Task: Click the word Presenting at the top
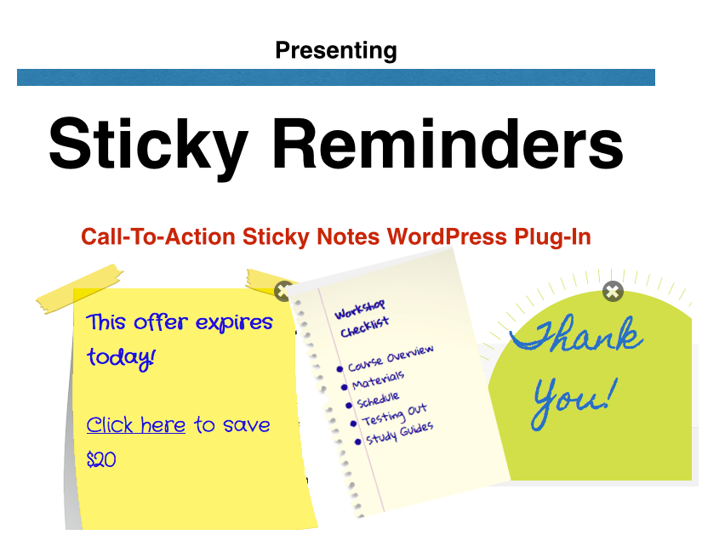pyautogui.click(x=336, y=50)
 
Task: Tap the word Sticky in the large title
pyautogui.click(x=148, y=145)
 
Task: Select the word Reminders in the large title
pyautogui.click(x=448, y=143)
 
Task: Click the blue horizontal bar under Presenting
pyautogui.click(x=336, y=77)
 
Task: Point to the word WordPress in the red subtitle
pyautogui.click(x=447, y=236)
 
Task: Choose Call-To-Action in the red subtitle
pyautogui.click(x=158, y=236)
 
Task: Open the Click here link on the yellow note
pyautogui.click(x=135, y=424)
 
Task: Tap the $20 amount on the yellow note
pyautogui.click(x=101, y=460)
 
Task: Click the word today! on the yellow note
pyautogui.click(x=122, y=358)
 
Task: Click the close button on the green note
pyautogui.click(x=613, y=292)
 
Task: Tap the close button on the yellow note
pyautogui.click(x=284, y=292)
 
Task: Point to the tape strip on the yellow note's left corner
pyautogui.click(x=79, y=289)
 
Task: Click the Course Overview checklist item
pyautogui.click(x=391, y=358)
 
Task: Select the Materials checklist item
pyautogui.click(x=379, y=380)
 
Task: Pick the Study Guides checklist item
pyautogui.click(x=400, y=433)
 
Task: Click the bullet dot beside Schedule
pyautogui.click(x=349, y=406)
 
